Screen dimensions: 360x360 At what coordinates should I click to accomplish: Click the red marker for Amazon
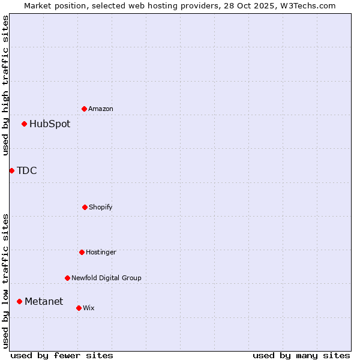pos(85,109)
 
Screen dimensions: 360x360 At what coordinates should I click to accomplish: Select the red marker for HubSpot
pos(25,124)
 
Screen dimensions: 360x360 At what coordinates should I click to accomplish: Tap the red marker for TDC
pos(12,171)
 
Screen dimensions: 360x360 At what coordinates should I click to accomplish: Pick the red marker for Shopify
pos(85,207)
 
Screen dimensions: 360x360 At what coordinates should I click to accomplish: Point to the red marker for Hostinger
pos(82,252)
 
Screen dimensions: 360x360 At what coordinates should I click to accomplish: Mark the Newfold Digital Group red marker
pos(67,278)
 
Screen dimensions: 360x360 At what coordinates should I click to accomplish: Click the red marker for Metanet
pos(20,301)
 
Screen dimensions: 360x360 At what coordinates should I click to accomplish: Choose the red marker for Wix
pos(79,308)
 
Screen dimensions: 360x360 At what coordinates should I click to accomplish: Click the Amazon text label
pos(101,109)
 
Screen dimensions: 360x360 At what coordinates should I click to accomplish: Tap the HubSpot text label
pos(50,124)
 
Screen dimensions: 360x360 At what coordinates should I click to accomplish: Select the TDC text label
pos(27,171)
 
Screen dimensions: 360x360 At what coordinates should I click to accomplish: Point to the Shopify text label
pos(101,207)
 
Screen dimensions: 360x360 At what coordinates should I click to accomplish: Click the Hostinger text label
pos(101,252)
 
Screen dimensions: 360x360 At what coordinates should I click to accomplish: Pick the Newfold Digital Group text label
pos(106,278)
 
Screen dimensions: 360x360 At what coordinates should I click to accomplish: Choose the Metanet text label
pos(44,301)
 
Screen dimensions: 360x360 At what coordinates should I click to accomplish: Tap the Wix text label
pos(89,308)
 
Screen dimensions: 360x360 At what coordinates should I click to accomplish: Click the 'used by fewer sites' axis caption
pos(62,355)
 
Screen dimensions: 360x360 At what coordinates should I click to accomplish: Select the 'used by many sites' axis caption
pos(301,355)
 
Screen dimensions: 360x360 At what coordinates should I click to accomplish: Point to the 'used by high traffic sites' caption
pos(5,85)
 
